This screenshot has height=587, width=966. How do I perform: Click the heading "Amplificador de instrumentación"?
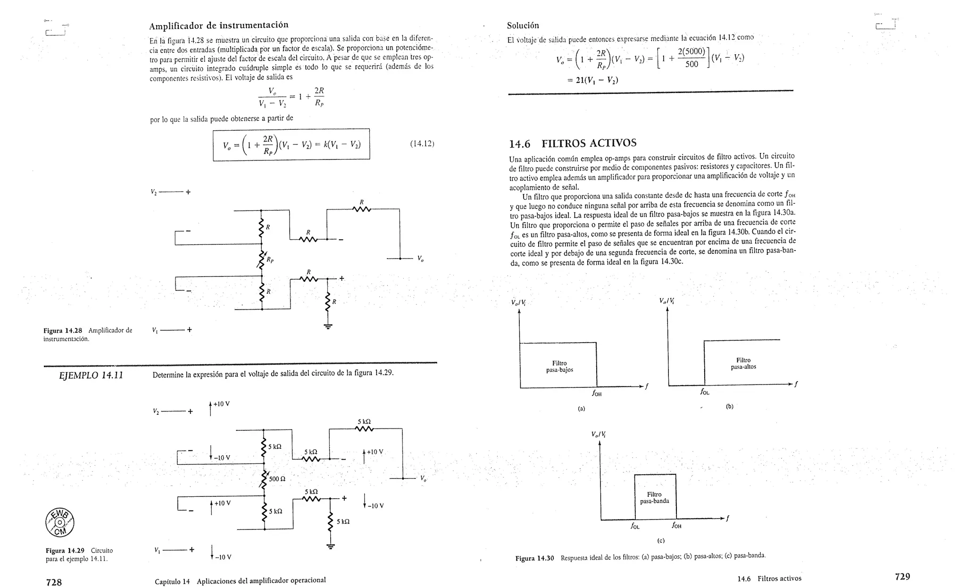(219, 25)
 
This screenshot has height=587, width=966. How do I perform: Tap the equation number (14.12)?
(422, 143)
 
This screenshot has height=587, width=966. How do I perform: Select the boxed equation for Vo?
(291, 145)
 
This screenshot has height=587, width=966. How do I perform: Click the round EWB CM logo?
(60, 523)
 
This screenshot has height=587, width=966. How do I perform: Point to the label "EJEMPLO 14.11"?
(91, 376)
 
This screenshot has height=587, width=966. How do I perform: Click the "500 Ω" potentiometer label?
(277, 479)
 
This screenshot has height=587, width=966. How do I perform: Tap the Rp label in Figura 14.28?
(270, 260)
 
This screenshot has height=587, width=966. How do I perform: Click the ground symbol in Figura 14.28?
(327, 326)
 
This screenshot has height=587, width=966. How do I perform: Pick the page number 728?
(54, 582)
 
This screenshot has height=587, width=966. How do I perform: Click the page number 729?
(902, 576)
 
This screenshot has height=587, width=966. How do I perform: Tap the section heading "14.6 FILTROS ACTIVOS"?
(573, 143)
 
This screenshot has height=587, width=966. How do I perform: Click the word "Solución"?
(523, 25)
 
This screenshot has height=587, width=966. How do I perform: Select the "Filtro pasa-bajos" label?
(559, 367)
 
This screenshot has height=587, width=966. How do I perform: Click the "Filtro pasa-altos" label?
(743, 363)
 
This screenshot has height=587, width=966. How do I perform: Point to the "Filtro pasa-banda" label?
(654, 498)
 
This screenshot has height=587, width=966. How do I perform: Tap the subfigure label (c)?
(661, 540)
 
